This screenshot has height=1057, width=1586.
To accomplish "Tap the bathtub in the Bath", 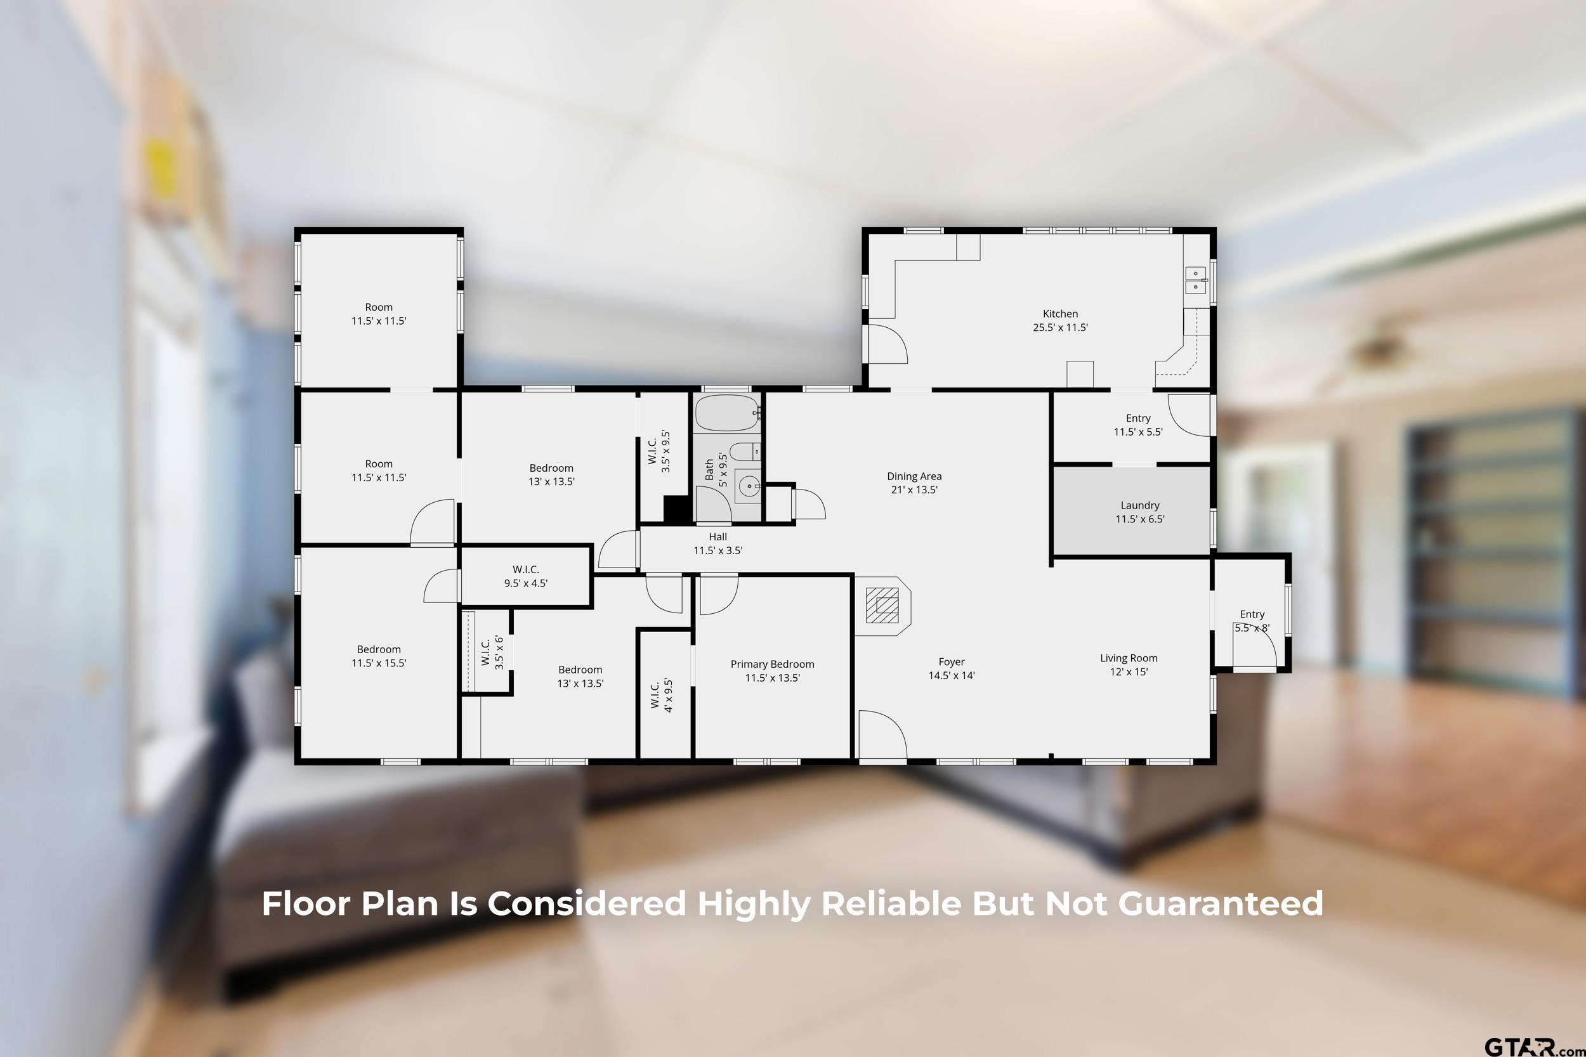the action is pyautogui.click(x=727, y=413).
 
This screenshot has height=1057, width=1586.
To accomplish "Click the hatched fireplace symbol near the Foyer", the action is pyautogui.click(x=882, y=606).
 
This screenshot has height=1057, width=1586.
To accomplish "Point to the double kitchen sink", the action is pyautogui.click(x=1196, y=280).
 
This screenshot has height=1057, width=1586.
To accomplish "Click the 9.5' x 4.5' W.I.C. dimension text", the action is pyautogui.click(x=525, y=583).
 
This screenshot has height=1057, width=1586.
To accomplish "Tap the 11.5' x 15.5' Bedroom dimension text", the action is pyautogui.click(x=378, y=663).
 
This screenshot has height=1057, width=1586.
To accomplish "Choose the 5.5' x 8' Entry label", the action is pyautogui.click(x=1252, y=621).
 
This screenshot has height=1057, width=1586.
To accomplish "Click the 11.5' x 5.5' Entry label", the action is pyautogui.click(x=1138, y=425).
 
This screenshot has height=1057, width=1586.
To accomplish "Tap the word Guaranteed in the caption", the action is pyautogui.click(x=1221, y=904).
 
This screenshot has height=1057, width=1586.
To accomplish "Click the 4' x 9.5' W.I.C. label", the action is pyautogui.click(x=662, y=695).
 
